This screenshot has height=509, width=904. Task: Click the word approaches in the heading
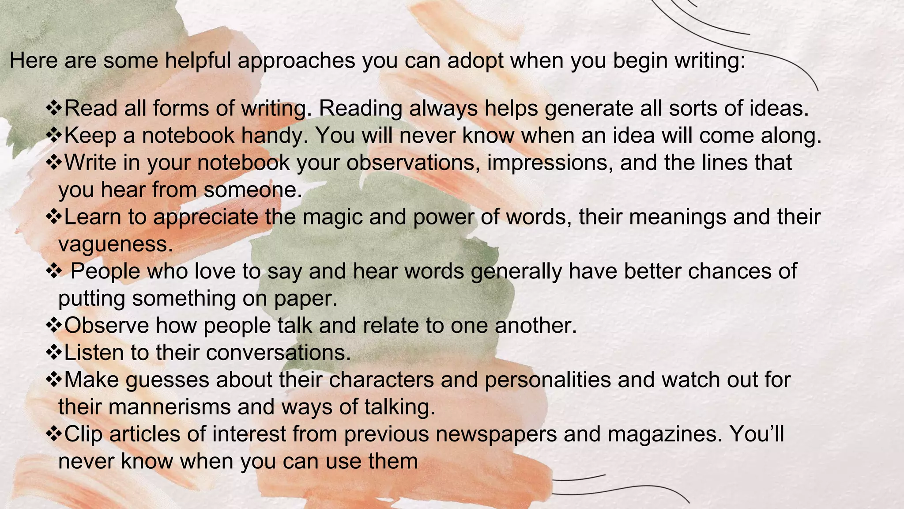click(296, 61)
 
